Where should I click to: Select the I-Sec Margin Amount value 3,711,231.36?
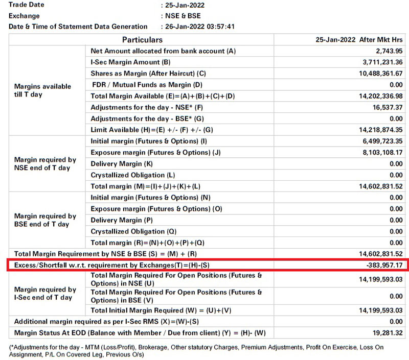pyautogui.click(x=381, y=62)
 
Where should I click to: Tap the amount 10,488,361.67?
pyautogui.click(x=379, y=74)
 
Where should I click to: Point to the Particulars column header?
pyautogui.click(x=142, y=40)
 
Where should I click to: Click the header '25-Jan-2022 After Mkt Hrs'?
pyautogui.click(x=359, y=40)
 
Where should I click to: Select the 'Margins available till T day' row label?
pyautogui.click(x=43, y=90)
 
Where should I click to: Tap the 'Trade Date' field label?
pyautogui.click(x=27, y=5)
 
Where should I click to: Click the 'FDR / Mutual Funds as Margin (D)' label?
pyautogui.click(x=148, y=85)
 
